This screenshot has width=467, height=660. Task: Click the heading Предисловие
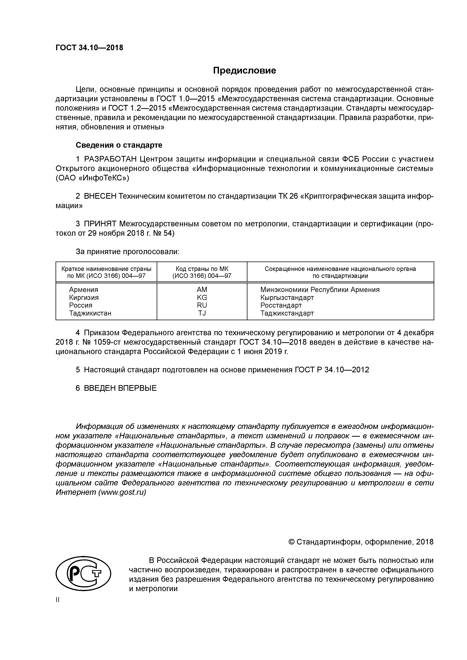pyautogui.click(x=244, y=71)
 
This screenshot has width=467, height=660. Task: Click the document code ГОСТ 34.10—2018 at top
pyautogui.click(x=89, y=48)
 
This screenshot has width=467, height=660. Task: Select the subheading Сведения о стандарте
pyautogui.click(x=119, y=145)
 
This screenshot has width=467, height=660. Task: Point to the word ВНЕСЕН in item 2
pyautogui.click(x=100, y=196)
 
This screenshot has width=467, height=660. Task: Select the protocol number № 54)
pyautogui.click(x=164, y=233)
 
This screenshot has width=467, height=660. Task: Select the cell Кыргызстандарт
pyautogui.click(x=287, y=297)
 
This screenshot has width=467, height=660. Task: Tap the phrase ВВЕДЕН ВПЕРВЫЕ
pyautogui.click(x=120, y=388)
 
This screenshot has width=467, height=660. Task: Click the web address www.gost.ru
pyautogui.click(x=122, y=492)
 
